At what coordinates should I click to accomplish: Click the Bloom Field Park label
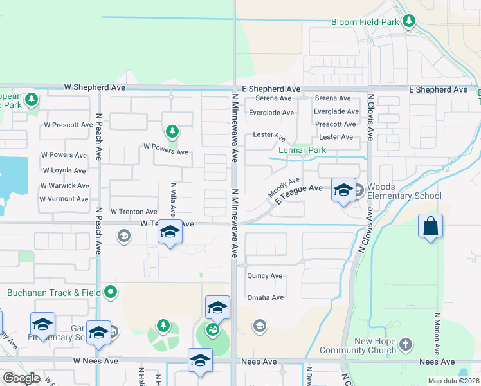(365, 22)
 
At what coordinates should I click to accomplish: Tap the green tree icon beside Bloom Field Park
(408, 22)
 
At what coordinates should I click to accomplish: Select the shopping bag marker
(430, 226)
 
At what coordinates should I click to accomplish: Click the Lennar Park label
(302, 150)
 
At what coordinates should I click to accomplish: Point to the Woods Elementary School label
(405, 191)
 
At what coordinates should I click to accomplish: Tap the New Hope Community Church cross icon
(405, 345)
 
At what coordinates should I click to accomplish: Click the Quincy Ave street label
(265, 276)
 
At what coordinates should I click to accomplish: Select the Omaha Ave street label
(266, 298)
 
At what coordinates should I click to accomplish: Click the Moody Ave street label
(284, 188)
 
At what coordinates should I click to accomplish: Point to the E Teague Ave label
(298, 193)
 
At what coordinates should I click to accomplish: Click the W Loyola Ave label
(64, 170)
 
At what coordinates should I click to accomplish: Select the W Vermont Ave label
(64, 199)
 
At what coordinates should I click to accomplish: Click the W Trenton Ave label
(134, 212)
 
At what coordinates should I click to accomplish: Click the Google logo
(21, 378)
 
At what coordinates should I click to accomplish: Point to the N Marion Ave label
(437, 334)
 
